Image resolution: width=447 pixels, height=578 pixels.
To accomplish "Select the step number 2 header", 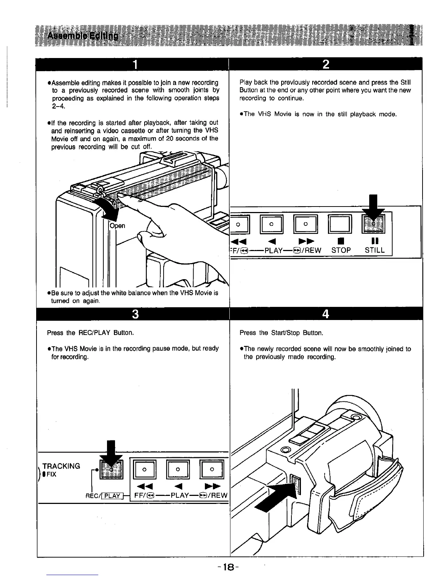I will [326, 65].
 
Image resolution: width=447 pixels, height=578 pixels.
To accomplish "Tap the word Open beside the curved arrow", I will [118, 226].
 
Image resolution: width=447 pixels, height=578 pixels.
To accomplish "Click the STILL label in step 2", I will [375, 250].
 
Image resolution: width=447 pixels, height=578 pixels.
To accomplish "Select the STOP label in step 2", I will [341, 250].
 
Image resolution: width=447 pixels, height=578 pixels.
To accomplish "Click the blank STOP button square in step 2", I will [340, 224].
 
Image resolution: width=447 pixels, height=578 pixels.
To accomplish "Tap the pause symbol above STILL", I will [375, 241].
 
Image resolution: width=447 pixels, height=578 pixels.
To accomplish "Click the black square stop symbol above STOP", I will [340, 241].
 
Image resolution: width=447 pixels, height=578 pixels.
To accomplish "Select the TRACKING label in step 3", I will [61, 466].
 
